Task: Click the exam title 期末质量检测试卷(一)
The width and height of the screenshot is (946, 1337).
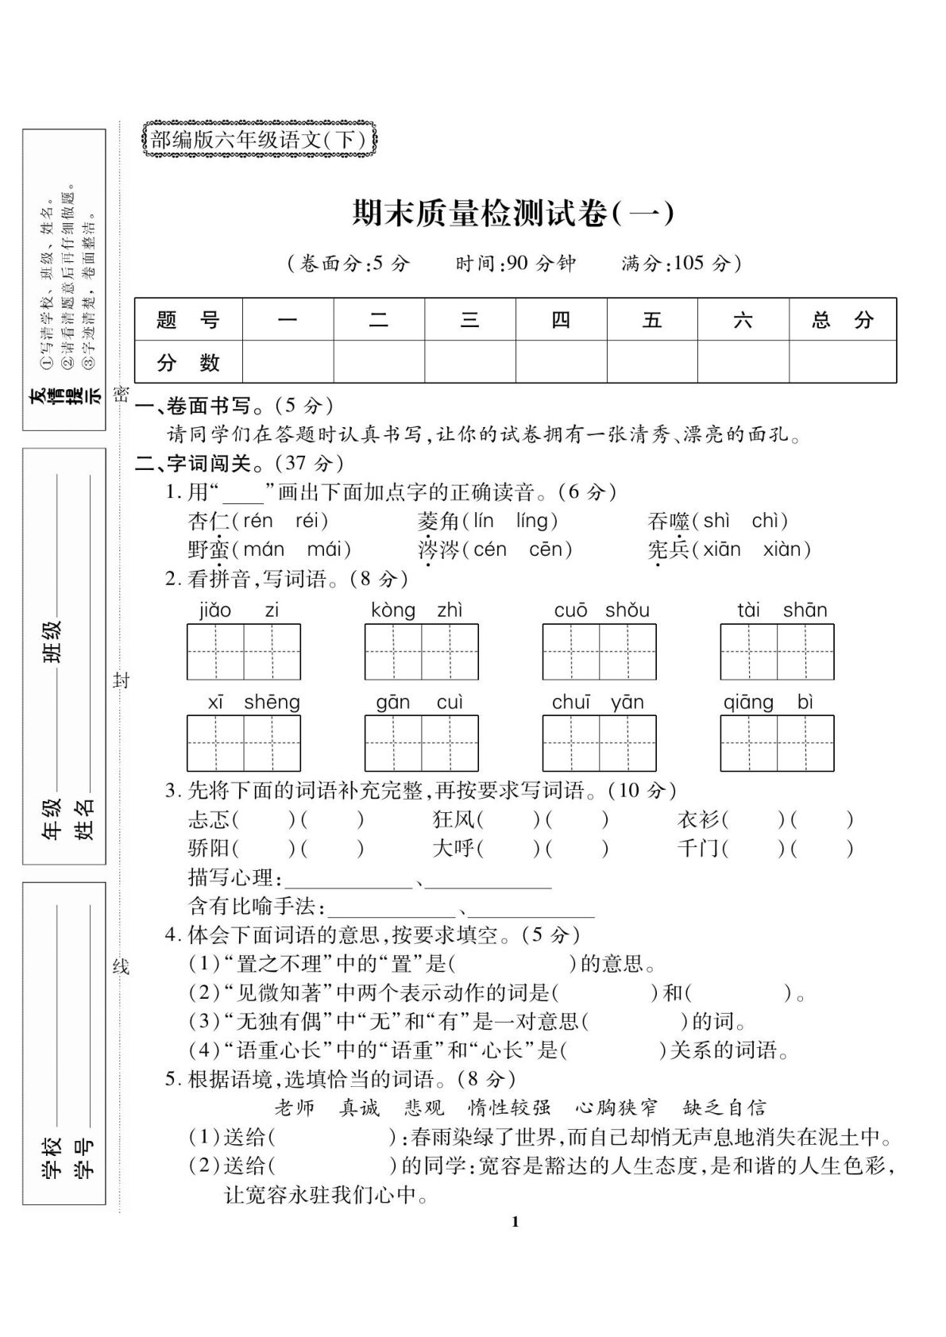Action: tap(513, 214)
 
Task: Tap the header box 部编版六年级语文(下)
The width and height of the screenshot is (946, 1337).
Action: tap(258, 140)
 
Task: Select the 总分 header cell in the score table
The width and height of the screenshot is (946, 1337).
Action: tap(842, 320)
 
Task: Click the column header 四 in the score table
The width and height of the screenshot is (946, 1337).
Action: tap(561, 320)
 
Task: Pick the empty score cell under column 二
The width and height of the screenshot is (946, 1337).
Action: tap(379, 363)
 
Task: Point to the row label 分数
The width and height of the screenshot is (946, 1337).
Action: tap(188, 363)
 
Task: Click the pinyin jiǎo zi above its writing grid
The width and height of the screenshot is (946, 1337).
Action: tap(238, 610)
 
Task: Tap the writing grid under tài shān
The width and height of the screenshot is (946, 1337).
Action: tap(777, 652)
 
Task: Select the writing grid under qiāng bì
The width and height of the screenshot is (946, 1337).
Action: tap(777, 743)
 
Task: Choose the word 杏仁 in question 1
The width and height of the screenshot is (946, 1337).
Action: tap(208, 521)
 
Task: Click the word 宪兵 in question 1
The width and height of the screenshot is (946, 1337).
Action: tap(668, 549)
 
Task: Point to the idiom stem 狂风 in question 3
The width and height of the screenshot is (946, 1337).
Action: tap(454, 819)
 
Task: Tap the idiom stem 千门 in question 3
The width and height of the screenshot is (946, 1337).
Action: tap(698, 848)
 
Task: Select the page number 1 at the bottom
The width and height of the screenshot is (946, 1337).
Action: tap(515, 1221)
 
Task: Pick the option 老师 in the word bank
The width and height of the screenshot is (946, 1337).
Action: tap(295, 1108)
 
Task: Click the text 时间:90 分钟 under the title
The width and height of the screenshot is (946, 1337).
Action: tap(515, 264)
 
